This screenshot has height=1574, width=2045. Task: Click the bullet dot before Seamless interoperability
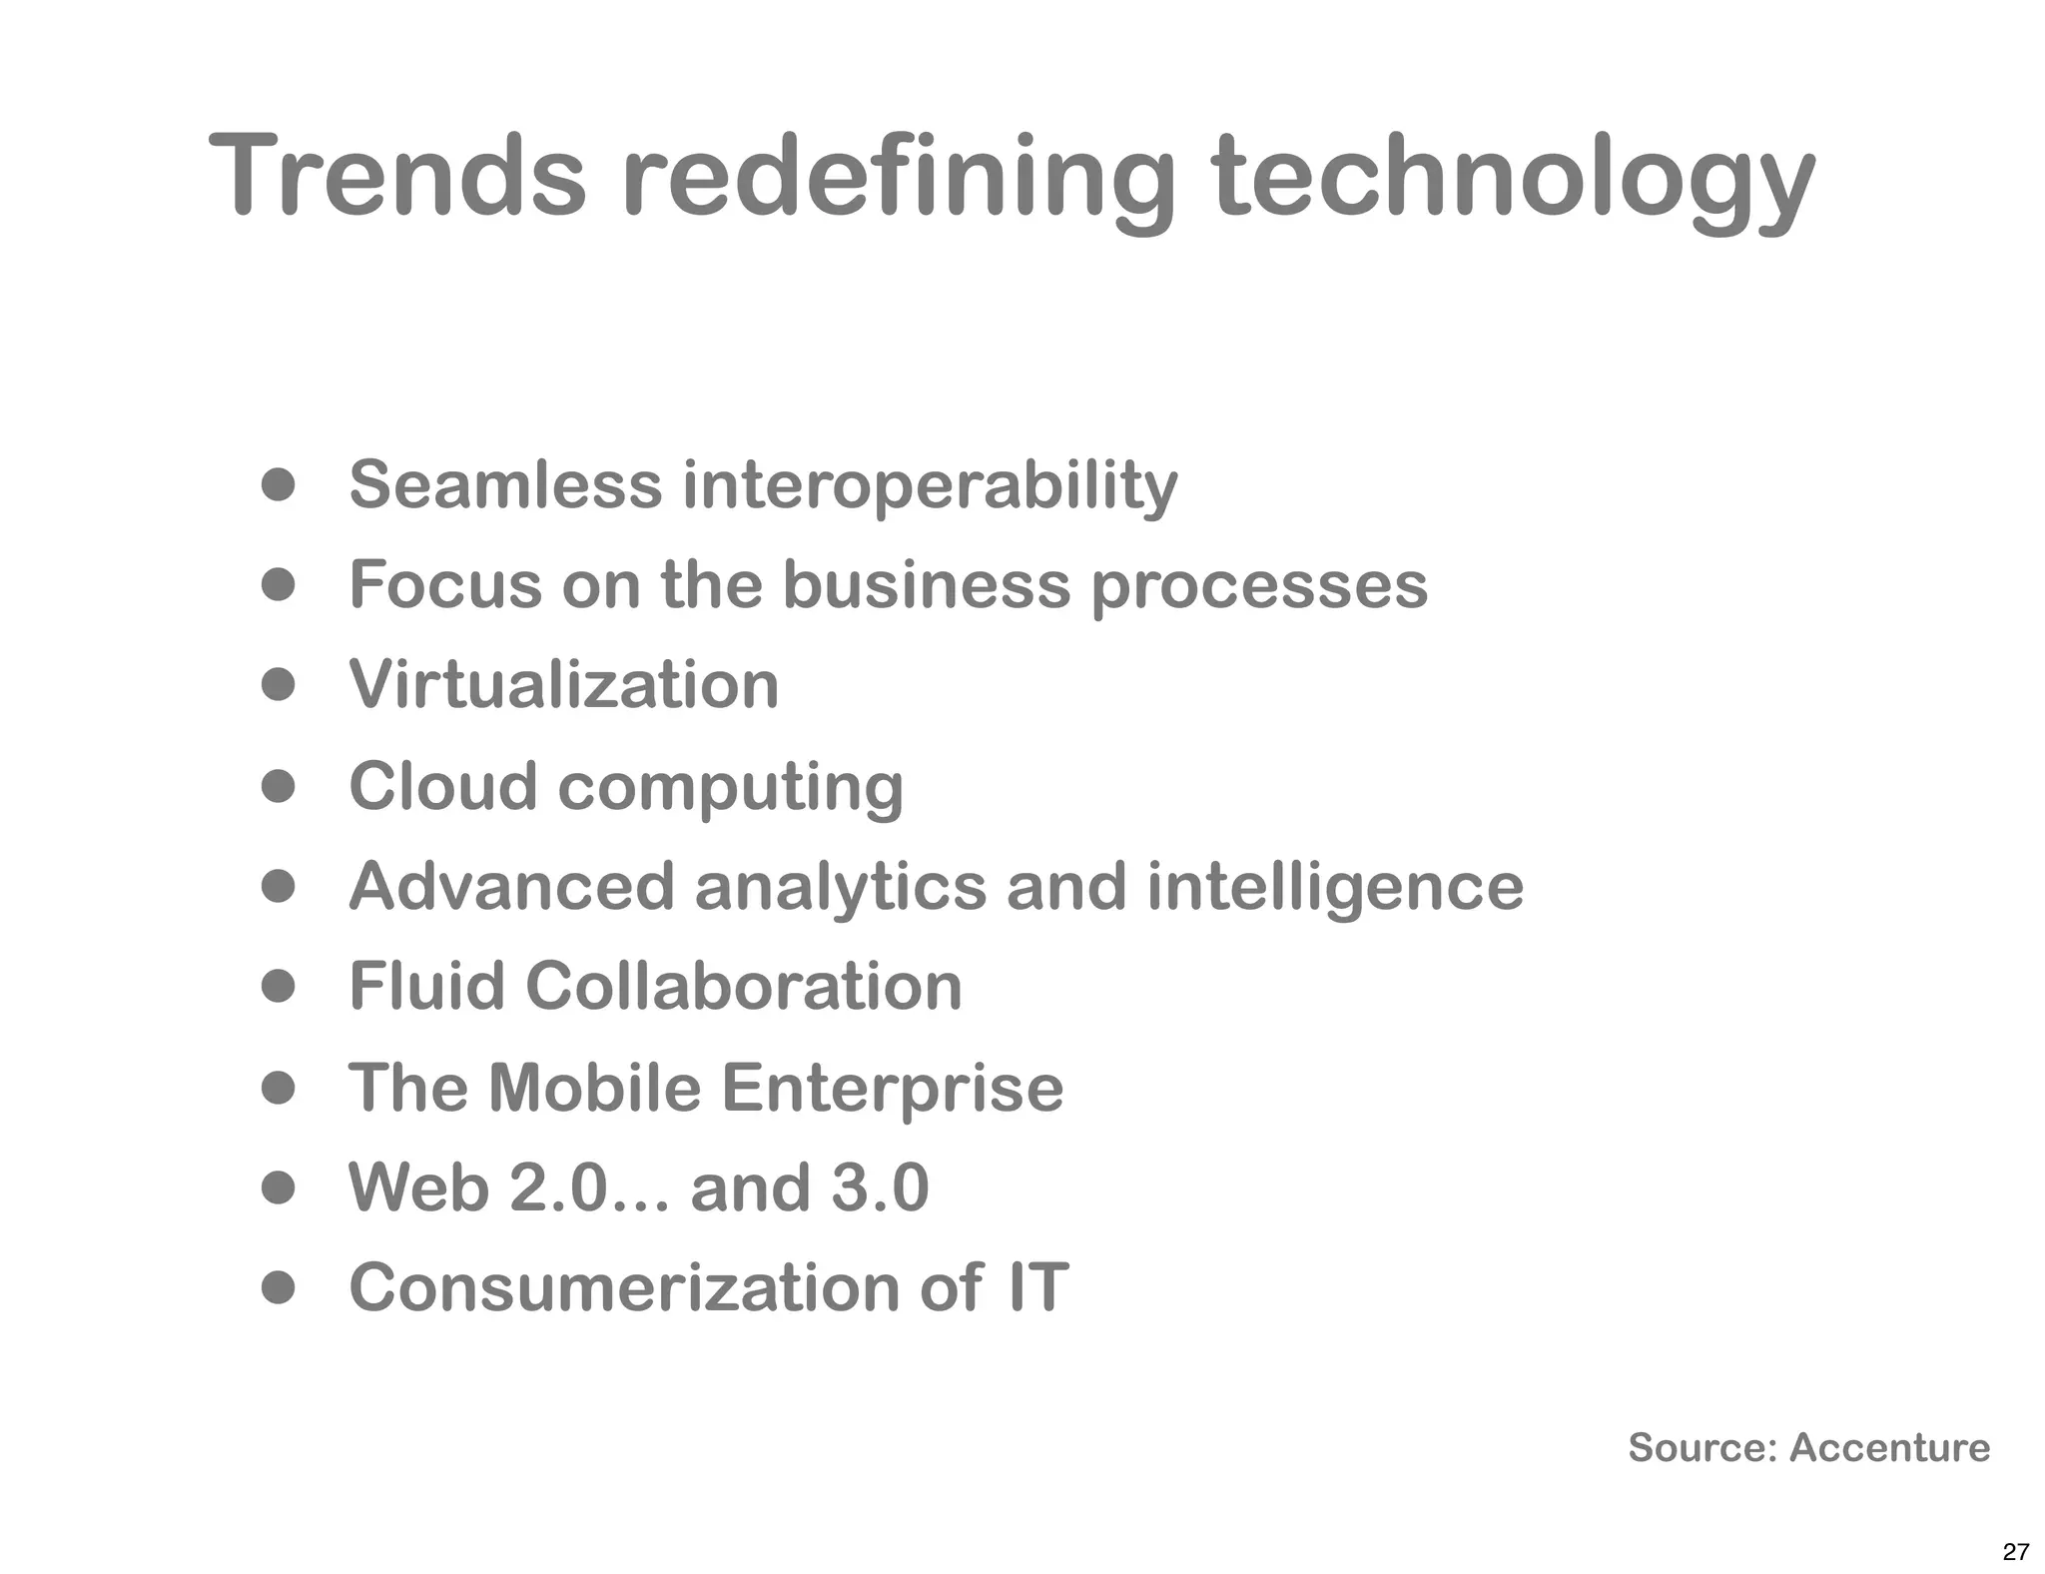279,485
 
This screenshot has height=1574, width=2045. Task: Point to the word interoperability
930,486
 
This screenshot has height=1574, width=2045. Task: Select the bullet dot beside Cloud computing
279,786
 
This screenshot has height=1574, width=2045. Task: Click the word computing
730,789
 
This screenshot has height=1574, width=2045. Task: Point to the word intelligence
1335,889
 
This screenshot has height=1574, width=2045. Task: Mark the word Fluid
426,986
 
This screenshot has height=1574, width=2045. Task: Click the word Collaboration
744,986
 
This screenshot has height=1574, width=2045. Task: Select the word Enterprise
892,1089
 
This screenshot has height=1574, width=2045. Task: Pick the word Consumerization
624,1287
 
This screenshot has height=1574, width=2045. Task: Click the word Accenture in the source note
1889,1447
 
